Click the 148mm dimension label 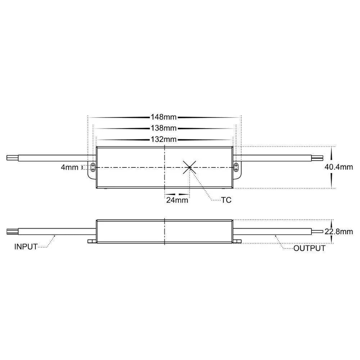click(164, 117)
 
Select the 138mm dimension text click(164, 128)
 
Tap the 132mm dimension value click(164, 139)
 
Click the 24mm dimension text click(177, 201)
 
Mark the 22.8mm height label click(339, 231)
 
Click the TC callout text click(226, 200)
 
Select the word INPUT click(26, 247)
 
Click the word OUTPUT click(309, 248)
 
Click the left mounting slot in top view click(93, 167)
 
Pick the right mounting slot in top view click(236, 167)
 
